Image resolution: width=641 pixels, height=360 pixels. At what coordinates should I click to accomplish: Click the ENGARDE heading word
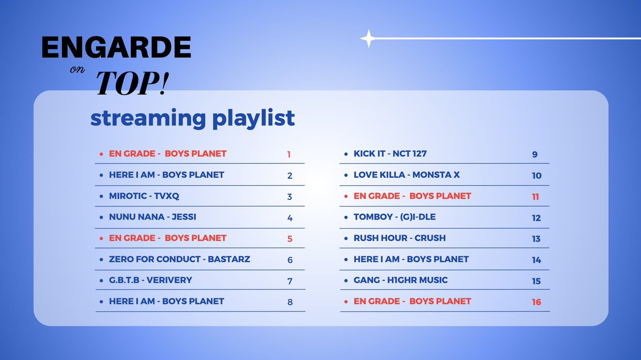click(x=116, y=49)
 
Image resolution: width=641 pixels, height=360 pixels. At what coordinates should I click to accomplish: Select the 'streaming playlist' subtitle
click(x=192, y=118)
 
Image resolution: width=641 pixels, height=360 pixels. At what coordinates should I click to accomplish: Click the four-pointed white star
click(x=368, y=38)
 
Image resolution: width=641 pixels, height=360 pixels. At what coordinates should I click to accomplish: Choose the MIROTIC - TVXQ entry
click(x=144, y=196)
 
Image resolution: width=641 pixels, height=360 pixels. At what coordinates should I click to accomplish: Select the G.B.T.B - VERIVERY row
click(x=150, y=280)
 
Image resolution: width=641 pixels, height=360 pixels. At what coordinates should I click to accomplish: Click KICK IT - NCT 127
click(x=390, y=154)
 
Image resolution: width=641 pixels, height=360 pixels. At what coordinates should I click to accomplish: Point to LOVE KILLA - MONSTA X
click(x=407, y=175)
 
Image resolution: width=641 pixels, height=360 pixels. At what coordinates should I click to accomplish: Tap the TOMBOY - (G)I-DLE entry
click(x=394, y=217)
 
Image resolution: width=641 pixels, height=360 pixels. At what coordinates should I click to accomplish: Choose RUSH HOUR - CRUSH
click(x=399, y=238)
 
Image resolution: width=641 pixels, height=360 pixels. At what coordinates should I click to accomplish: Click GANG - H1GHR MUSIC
click(x=401, y=280)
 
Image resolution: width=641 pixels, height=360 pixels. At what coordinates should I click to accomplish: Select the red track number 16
click(x=536, y=302)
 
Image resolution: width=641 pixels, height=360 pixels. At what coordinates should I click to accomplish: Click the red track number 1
click(x=289, y=154)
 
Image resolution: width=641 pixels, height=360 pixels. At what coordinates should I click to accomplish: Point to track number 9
click(x=535, y=154)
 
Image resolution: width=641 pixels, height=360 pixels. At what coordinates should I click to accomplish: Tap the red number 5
click(x=290, y=239)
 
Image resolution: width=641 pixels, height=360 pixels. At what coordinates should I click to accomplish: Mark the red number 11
click(x=535, y=197)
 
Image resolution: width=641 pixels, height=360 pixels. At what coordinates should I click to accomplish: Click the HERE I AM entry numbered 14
click(x=411, y=259)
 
